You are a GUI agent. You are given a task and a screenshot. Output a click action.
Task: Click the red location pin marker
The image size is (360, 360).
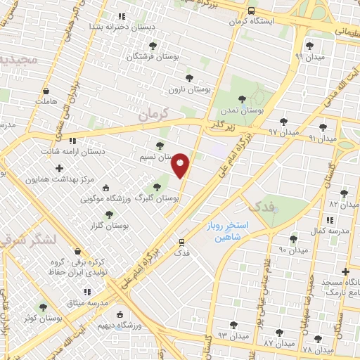coord(181,166)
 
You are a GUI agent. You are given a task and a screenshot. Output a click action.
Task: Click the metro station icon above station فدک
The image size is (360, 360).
coord(181,242)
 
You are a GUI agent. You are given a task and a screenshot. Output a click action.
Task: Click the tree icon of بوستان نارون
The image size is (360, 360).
coord(188,78)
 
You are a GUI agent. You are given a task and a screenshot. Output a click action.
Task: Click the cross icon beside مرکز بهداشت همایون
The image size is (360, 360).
coord(59,168)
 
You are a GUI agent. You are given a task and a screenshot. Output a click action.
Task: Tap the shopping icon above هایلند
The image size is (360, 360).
coord(46,91)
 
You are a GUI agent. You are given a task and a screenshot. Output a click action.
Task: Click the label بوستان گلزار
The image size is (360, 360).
coord(108,225)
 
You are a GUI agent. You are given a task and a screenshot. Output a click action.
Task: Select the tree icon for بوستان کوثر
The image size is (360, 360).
coord(44,307)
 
